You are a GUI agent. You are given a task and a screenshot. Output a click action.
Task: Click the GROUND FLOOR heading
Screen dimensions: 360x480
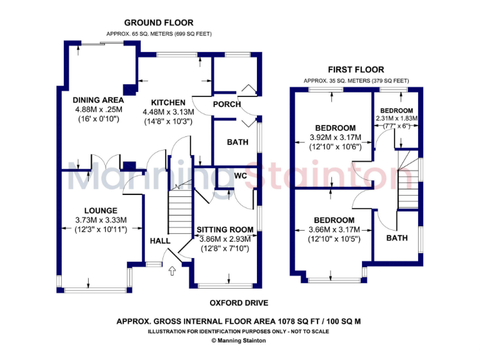coord(158,23)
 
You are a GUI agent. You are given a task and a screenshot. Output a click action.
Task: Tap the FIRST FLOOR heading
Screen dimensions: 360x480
coord(356,69)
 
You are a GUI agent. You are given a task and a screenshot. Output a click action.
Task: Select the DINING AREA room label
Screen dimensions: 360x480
coord(98,100)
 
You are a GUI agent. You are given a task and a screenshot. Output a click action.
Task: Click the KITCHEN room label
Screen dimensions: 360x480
coord(168,102)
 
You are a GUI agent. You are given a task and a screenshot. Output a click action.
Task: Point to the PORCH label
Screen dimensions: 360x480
coord(227,104)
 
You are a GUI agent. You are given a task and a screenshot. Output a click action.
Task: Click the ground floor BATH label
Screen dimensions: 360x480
coord(237,142)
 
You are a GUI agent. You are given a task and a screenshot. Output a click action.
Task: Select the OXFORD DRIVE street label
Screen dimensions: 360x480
coord(239,303)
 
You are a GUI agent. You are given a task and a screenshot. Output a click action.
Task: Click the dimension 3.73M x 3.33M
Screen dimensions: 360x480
coord(97,220)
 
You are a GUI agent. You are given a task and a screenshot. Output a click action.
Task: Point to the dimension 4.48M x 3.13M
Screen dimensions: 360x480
coord(168,112)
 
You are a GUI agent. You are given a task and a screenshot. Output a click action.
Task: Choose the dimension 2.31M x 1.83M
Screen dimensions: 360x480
coord(396,118)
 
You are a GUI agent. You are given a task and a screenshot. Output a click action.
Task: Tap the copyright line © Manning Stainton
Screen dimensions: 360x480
coord(238,341)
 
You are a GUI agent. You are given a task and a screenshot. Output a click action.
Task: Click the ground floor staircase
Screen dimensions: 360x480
coord(179,210)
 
